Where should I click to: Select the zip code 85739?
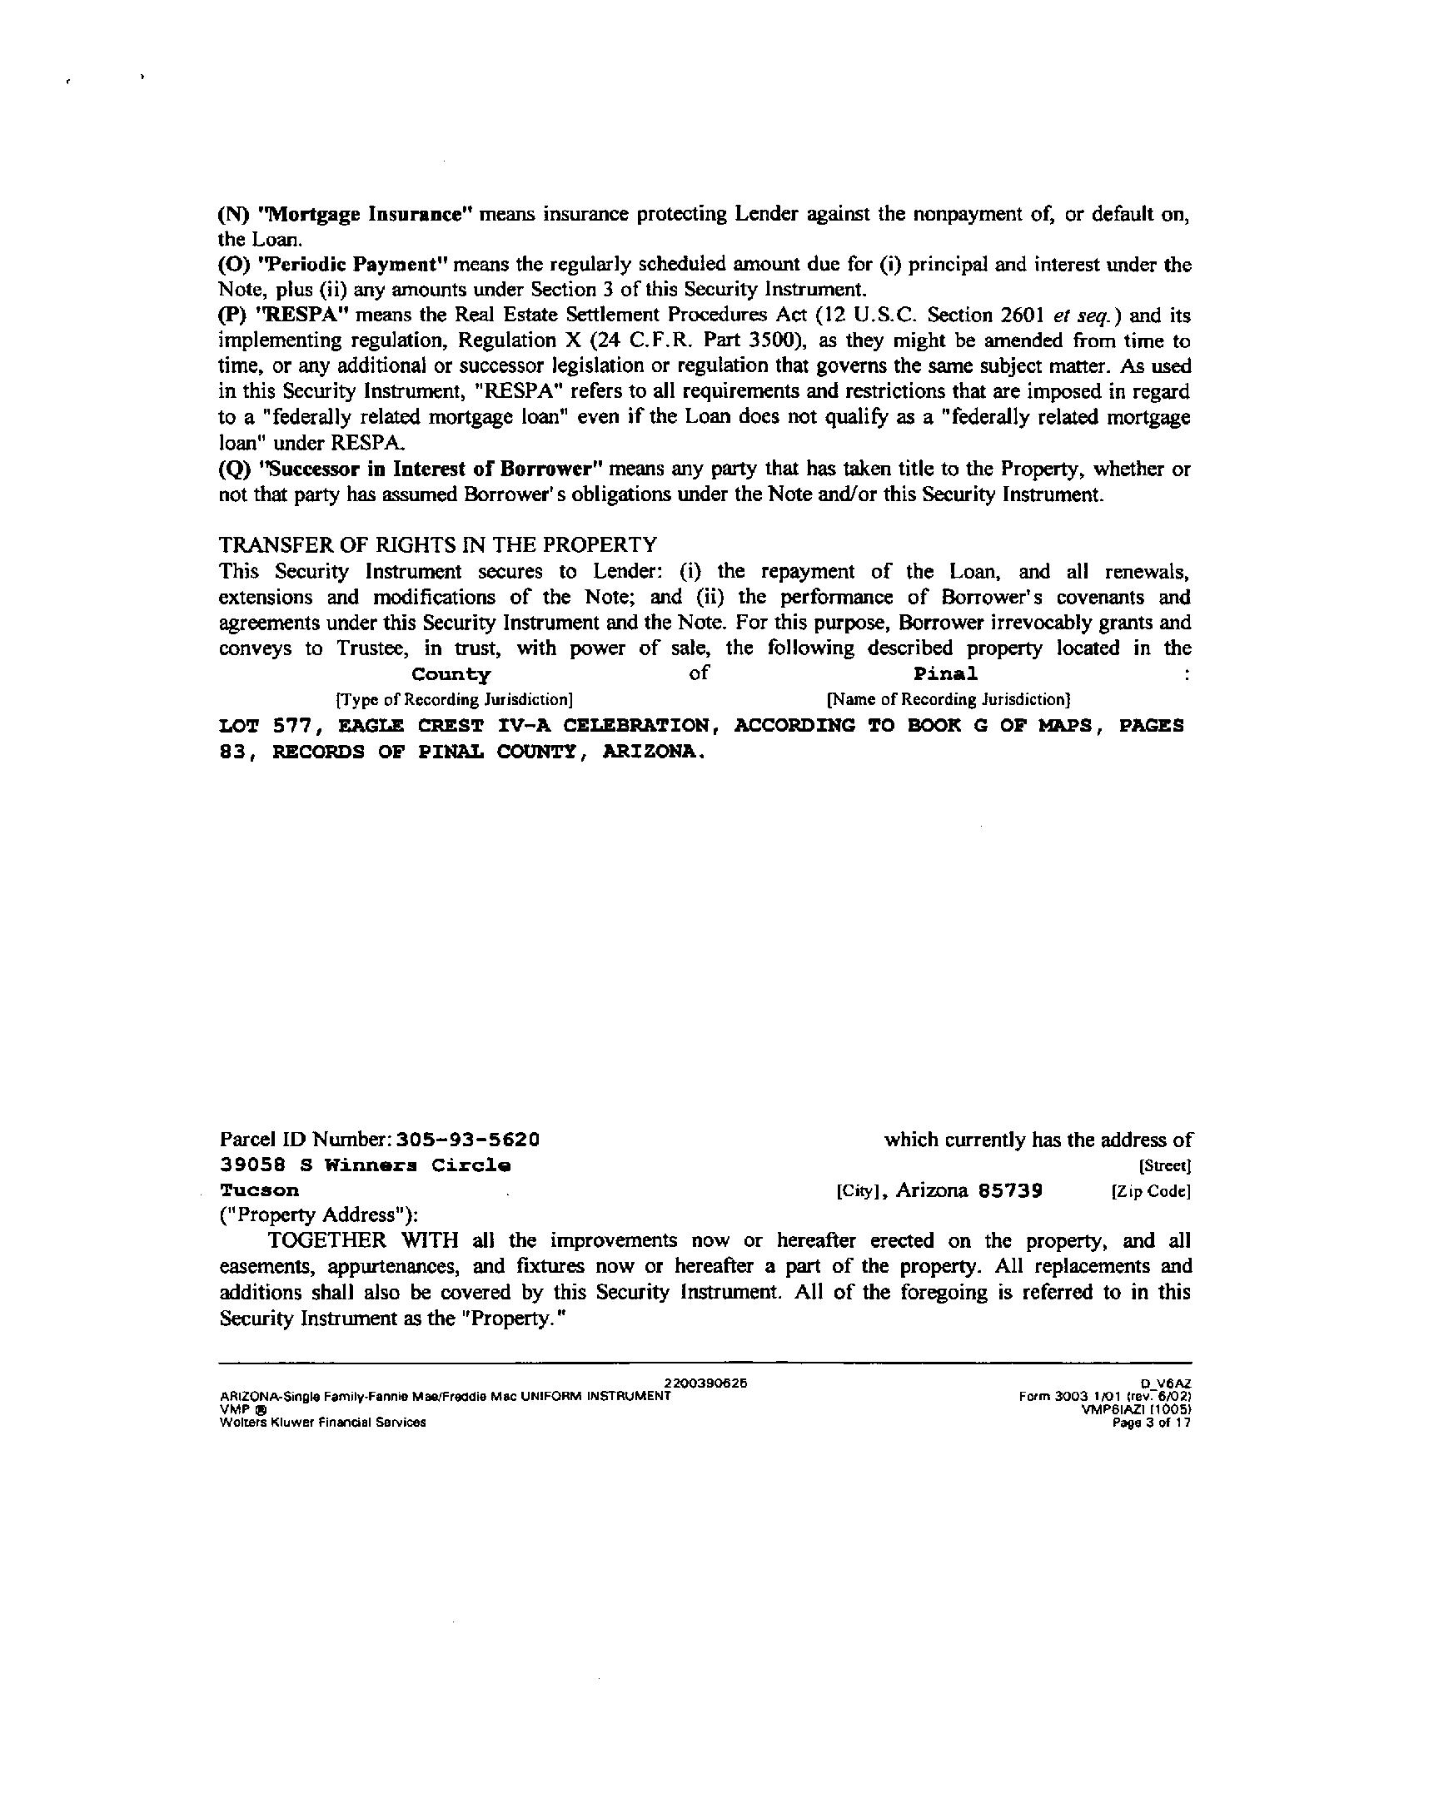pos(1010,1191)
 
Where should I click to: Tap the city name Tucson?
pos(259,1191)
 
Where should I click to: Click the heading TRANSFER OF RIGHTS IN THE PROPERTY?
pos(438,545)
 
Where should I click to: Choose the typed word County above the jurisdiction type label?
pos(451,673)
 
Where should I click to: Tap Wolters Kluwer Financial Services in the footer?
pos(322,1423)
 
